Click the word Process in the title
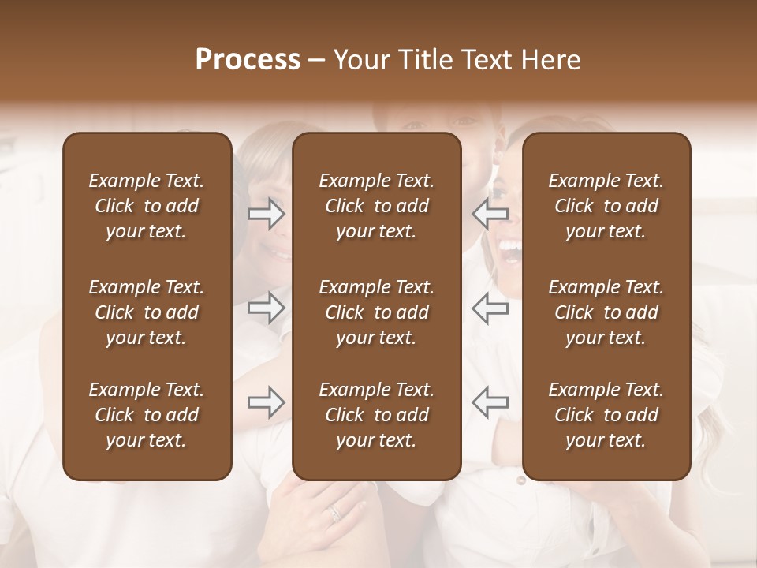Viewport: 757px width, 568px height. pos(248,60)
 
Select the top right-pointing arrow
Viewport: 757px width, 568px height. pos(266,214)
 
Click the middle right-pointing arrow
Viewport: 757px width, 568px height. pos(266,308)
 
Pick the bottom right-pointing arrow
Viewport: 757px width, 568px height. pos(266,402)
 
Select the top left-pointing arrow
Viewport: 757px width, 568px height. pos(490,214)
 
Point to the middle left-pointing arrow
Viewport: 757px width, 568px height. pos(490,308)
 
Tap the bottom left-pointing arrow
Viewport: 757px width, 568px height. pos(490,402)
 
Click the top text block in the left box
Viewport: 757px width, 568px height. pos(147,206)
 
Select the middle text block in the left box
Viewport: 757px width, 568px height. pos(147,312)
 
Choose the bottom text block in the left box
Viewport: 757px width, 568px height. pos(147,415)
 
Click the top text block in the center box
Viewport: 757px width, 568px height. pos(377,206)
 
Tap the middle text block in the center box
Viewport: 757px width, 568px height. pos(377,312)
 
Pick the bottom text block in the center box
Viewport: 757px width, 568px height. pos(377,415)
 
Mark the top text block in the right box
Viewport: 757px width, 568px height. pos(606,206)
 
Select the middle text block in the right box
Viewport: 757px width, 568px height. pos(606,312)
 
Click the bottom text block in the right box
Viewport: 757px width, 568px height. pos(606,415)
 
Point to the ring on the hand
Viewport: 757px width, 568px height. pos(336,513)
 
